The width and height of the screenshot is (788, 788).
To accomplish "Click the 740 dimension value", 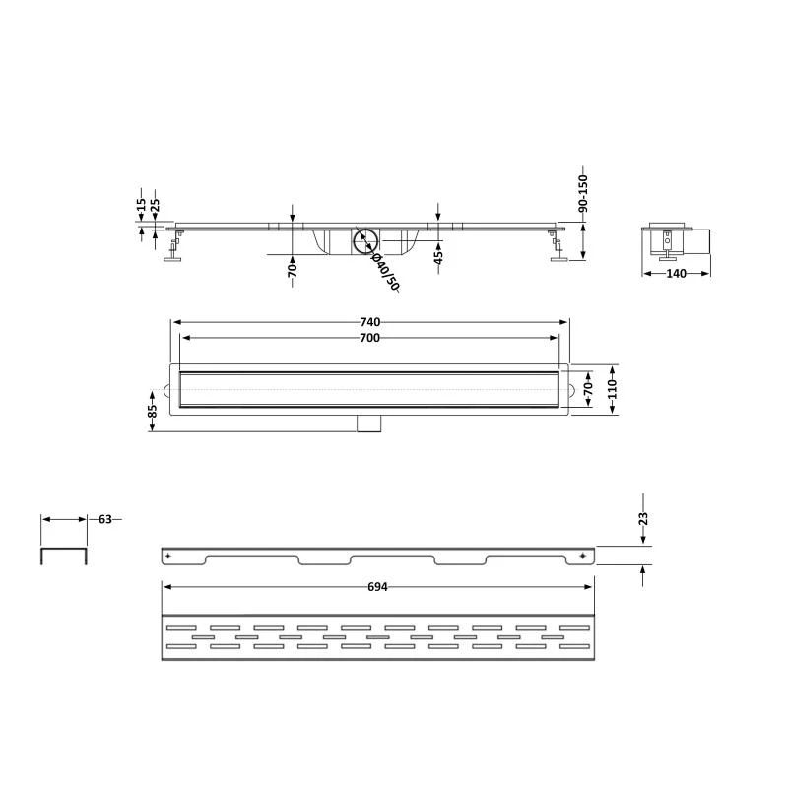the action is tap(370, 322).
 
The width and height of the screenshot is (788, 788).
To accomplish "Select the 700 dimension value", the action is tap(370, 338).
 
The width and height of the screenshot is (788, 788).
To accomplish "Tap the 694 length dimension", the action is tap(377, 587).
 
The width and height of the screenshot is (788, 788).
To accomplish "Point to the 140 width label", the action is tap(676, 274).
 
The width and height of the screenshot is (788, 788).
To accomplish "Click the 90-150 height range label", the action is tap(583, 193).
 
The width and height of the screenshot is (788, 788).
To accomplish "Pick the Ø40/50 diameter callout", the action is tap(385, 272).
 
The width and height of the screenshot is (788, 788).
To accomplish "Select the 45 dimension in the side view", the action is tap(438, 257).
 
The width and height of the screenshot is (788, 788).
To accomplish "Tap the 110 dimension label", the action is tap(612, 389).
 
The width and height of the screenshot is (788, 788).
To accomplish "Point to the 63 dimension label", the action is tap(105, 519).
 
